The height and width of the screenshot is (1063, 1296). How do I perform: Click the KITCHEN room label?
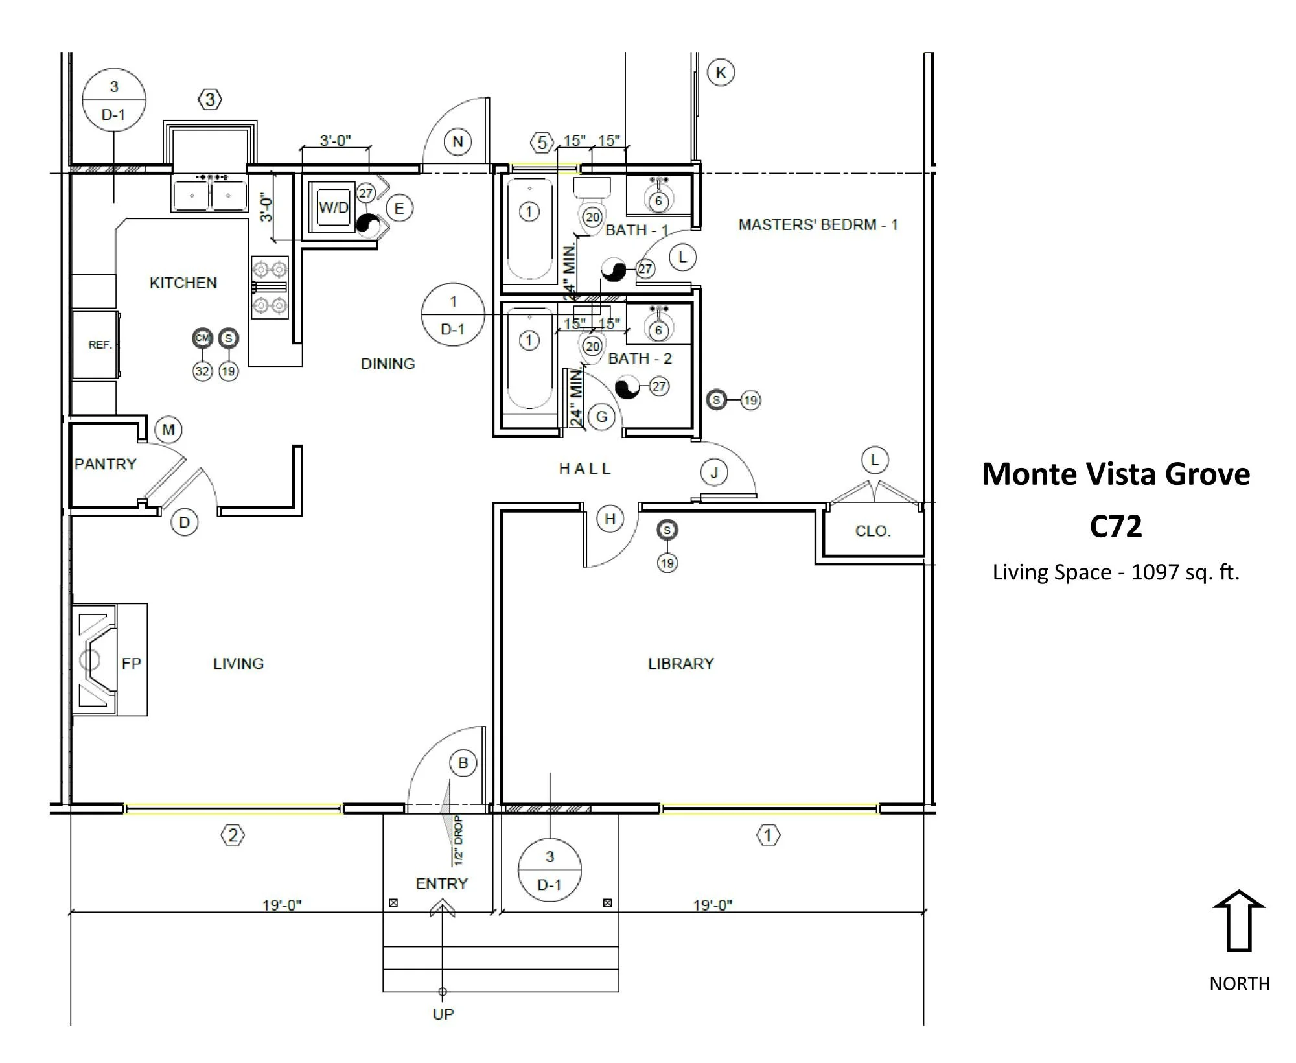pos(183,283)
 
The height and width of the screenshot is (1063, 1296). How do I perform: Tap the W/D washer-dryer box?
pos(333,207)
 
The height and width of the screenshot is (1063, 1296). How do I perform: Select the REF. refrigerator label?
pos(100,345)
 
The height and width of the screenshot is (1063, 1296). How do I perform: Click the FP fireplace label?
pos(131,664)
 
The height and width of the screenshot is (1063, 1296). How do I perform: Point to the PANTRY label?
pos(106,464)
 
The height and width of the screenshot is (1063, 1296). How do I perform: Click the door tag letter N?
pos(457,142)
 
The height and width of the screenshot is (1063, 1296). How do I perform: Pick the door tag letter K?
pos(721,72)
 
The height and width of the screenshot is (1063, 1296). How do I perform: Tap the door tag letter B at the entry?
pos(463,763)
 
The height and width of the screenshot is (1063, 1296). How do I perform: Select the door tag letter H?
pos(610,519)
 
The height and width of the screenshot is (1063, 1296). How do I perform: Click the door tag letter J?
pos(714,473)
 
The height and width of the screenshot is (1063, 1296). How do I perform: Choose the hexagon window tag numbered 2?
pos(233,835)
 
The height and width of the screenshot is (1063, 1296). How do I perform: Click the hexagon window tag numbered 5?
pos(542,142)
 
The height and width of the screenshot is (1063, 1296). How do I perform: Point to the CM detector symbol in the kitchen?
pos(203,338)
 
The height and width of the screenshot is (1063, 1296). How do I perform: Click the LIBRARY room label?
pos(680,664)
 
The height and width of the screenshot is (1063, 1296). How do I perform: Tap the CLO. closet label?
pos(872,531)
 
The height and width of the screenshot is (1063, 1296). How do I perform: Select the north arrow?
pos(1238,920)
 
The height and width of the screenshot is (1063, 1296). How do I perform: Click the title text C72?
pos(1115,526)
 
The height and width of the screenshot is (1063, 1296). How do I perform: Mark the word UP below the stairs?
pos(443,1014)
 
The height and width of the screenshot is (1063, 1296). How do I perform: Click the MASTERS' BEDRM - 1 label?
pos(818,225)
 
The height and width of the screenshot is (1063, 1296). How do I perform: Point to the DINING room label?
pos(388,364)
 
